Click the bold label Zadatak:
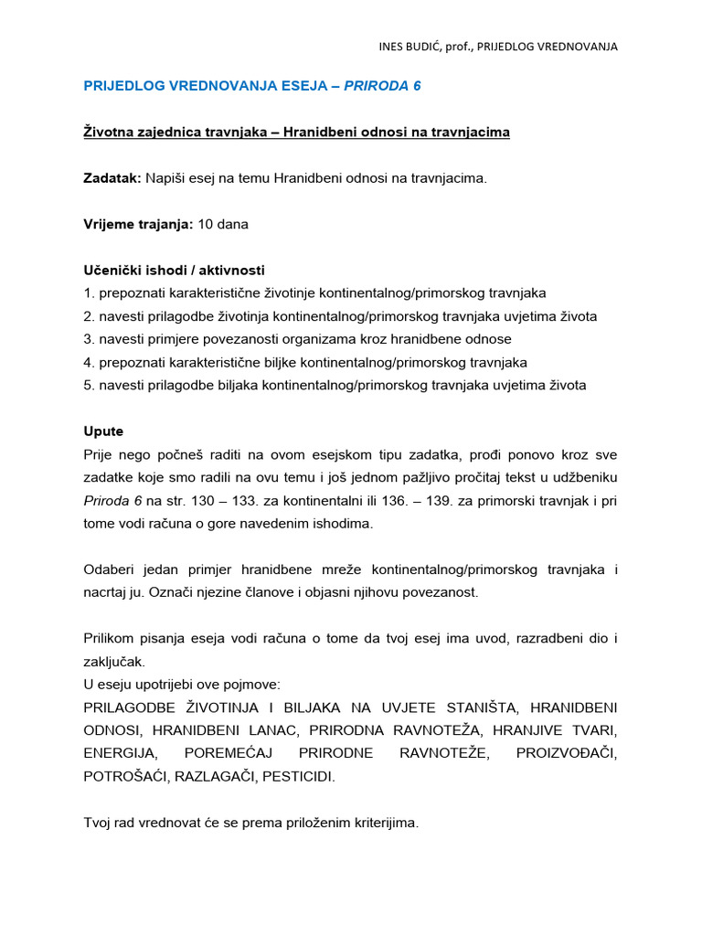[x=112, y=178]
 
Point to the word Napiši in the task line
[x=165, y=178]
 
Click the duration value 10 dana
[x=223, y=224]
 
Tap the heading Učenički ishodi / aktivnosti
[x=175, y=271]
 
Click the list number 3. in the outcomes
[x=89, y=339]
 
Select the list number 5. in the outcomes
[x=89, y=385]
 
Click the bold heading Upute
[x=103, y=431]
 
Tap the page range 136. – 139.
[x=440, y=501]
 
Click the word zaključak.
[x=113, y=661]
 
